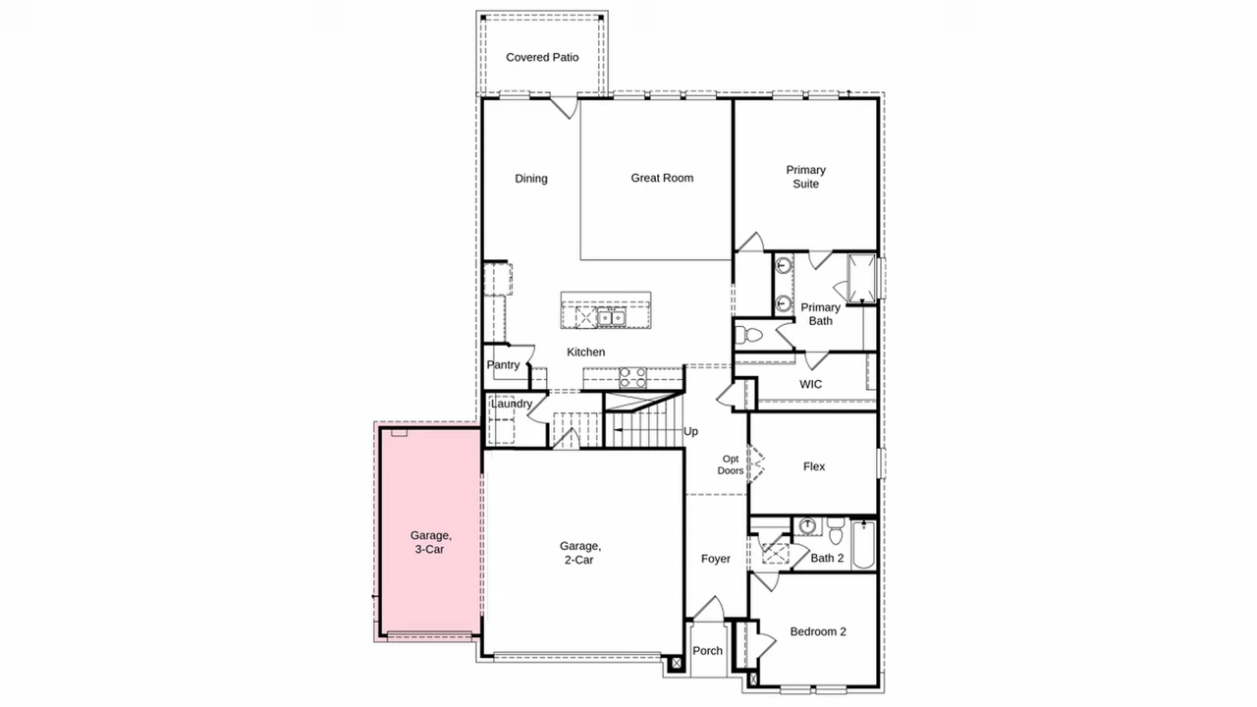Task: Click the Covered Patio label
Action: [542, 57]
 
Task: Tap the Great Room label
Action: [662, 178]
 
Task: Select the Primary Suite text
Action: [806, 177]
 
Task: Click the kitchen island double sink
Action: [611, 317]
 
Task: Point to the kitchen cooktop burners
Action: [632, 378]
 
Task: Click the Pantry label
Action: [503, 364]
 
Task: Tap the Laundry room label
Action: [512, 404]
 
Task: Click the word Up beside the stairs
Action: [690, 431]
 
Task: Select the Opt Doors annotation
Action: [731, 464]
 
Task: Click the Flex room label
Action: [814, 466]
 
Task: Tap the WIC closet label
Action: [811, 384]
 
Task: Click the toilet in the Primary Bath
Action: [748, 335]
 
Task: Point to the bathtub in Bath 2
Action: [863, 545]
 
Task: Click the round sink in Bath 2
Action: [807, 525]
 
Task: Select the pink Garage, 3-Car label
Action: [430, 542]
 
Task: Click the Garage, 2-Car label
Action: [580, 553]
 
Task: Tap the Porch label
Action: [708, 651]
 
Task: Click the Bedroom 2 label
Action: [818, 631]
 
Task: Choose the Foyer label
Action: [716, 559]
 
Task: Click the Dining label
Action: [531, 179]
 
